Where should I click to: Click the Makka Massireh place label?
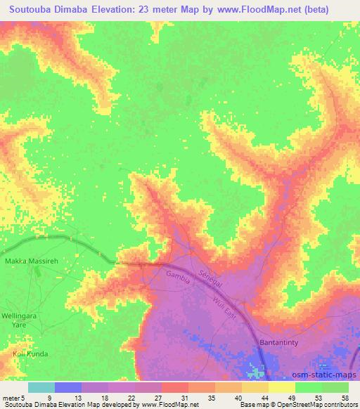(28, 261)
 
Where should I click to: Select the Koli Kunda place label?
(29, 354)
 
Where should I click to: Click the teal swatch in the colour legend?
(41, 387)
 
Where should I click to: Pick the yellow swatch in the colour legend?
(281, 387)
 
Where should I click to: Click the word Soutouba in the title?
(34, 11)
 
